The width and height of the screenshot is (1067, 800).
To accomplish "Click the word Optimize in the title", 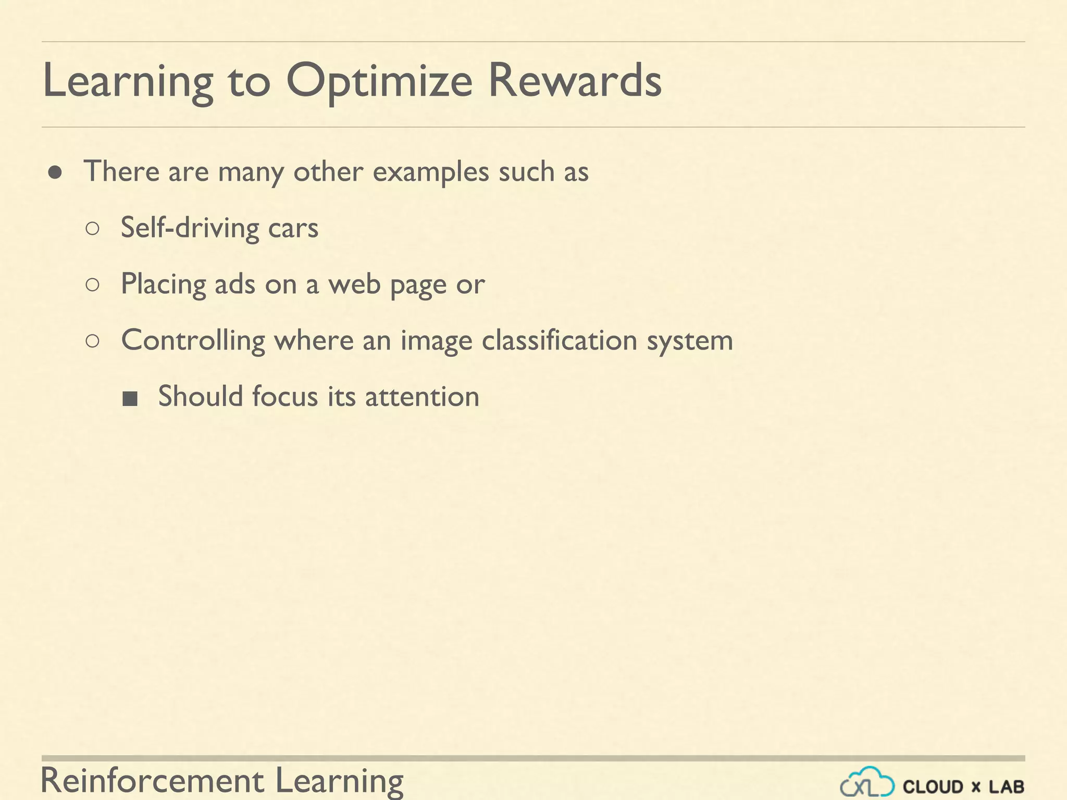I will (379, 82).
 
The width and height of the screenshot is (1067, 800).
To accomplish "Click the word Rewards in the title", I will (575, 81).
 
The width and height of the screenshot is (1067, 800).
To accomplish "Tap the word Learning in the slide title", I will (128, 82).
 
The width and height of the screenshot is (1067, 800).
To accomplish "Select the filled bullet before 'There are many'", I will (55, 172).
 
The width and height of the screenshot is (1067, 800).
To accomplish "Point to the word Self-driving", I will (190, 228).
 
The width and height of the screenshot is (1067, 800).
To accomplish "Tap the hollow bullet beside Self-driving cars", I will (92, 229).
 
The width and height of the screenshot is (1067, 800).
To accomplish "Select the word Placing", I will (163, 285).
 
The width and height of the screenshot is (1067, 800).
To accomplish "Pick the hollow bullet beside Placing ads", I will (92, 285).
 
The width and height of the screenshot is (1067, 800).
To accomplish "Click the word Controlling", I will (193, 341).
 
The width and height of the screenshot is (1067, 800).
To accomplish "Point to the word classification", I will (560, 341).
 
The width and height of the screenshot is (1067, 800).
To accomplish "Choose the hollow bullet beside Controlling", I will (92, 341).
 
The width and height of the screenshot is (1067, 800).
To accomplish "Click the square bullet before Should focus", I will (130, 398).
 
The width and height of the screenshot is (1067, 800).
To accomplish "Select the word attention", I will (422, 397).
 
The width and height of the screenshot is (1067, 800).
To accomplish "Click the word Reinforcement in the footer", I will (153, 780).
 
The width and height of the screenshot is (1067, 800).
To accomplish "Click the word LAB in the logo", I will (1007, 786).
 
